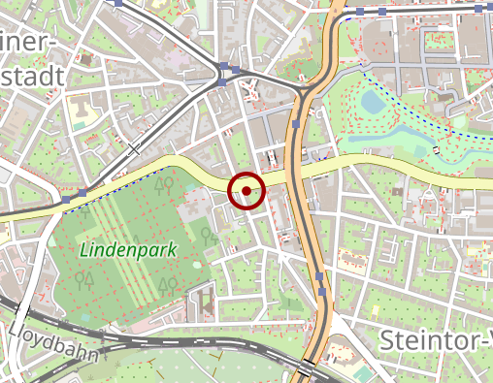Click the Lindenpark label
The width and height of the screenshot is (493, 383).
[x=128, y=249]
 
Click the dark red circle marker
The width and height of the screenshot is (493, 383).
[x=247, y=191]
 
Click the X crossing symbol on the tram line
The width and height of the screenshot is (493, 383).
[x=134, y=148]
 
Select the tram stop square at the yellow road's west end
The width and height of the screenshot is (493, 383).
[x=65, y=199]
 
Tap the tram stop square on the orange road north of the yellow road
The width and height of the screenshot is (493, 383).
[x=295, y=125]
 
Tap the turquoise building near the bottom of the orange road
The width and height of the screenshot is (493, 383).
[x=362, y=373]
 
